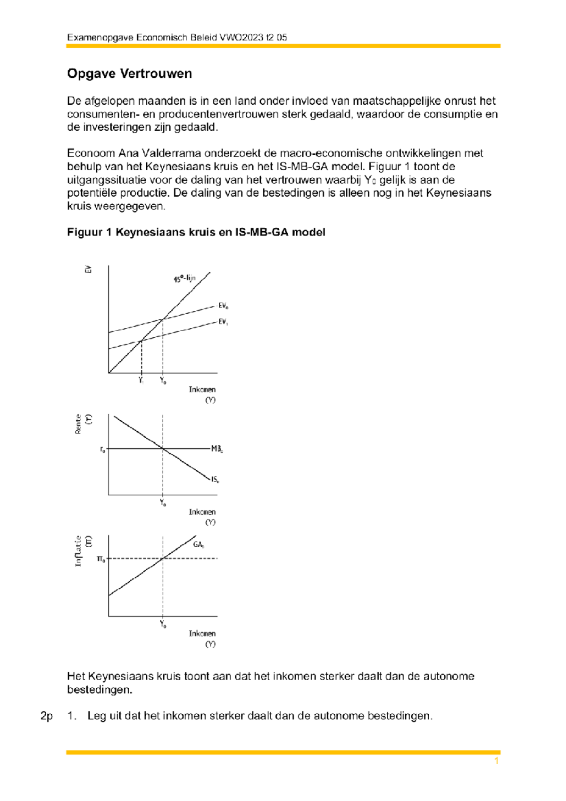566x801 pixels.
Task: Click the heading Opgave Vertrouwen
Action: point(129,74)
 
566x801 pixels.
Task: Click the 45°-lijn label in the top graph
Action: point(184,278)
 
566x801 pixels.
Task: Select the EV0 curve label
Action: point(223,306)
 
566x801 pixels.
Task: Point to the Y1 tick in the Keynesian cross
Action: point(141,380)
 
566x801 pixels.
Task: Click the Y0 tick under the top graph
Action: point(163,381)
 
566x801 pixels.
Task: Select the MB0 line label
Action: point(216,449)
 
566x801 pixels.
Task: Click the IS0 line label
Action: point(215,479)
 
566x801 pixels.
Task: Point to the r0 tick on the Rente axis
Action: point(102,450)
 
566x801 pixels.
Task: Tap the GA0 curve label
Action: point(199,545)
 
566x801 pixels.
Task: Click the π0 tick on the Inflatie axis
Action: point(101,559)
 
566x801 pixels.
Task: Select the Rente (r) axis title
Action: point(83,423)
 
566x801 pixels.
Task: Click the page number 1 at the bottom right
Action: point(496,761)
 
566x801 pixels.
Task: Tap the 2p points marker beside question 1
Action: point(47,716)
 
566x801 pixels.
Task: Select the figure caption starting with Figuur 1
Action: point(196,232)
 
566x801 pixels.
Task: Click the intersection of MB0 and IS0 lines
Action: point(163,449)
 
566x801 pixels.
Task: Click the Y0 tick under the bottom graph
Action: point(163,624)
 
